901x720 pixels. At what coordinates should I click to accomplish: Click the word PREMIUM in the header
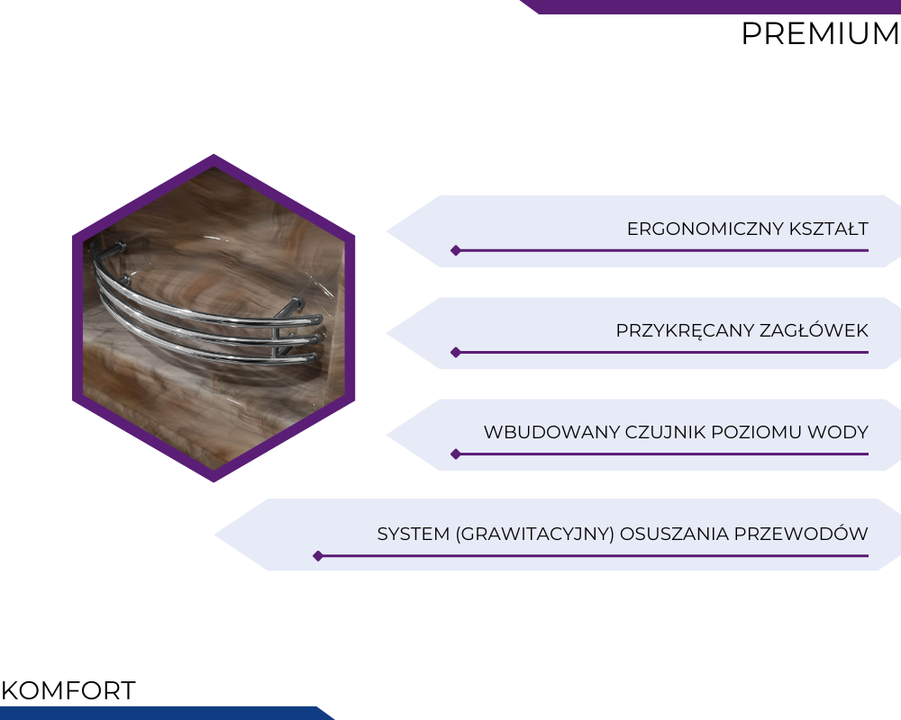[820, 33]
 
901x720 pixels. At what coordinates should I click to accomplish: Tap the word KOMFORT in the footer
[68, 690]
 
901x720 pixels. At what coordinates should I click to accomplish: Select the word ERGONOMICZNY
[705, 229]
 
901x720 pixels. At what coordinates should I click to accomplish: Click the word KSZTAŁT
[829, 229]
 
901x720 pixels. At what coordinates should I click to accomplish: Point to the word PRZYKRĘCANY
[685, 331]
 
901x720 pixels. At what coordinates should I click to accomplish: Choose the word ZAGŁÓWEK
[814, 330]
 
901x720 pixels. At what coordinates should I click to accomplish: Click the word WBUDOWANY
[551, 432]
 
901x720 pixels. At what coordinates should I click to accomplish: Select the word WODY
[838, 432]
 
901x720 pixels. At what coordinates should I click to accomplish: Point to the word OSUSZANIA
[674, 534]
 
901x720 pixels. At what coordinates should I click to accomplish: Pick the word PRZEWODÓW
[801, 534]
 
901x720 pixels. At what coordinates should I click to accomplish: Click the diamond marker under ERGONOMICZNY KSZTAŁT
[456, 250]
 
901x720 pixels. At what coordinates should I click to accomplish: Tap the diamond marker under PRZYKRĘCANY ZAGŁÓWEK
[456, 353]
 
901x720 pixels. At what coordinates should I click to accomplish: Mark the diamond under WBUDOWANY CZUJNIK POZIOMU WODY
[456, 454]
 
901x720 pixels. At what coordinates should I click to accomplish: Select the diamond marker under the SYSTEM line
[318, 556]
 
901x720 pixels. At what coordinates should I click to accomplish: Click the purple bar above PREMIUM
[710, 7]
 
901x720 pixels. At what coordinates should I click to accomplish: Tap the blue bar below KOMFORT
[167, 713]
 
